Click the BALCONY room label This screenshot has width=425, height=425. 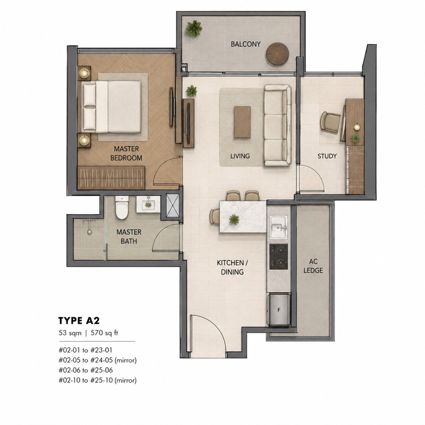[x=245, y=44]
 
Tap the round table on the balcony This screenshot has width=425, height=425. [x=277, y=54]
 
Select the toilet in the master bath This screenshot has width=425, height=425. [x=122, y=208]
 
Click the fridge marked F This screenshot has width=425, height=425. [x=279, y=310]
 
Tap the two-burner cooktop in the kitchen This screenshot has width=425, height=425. [x=278, y=257]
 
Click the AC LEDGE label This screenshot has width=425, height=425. [x=313, y=266]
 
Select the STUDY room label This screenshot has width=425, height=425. [x=327, y=156]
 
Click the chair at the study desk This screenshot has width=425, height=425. [x=330, y=122]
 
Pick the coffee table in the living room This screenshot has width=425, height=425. [x=242, y=122]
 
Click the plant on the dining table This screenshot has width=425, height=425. [x=234, y=219]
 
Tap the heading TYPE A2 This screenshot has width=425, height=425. [x=79, y=321]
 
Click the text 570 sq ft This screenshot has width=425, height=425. [x=104, y=333]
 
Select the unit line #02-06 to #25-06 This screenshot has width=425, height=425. [x=86, y=370]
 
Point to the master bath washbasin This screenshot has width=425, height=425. [x=148, y=205]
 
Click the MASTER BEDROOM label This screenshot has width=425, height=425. [x=126, y=153]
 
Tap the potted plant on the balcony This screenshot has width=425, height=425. [x=194, y=28]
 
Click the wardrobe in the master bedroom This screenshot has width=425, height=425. [x=111, y=178]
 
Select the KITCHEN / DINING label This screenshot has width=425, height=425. [x=232, y=267]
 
